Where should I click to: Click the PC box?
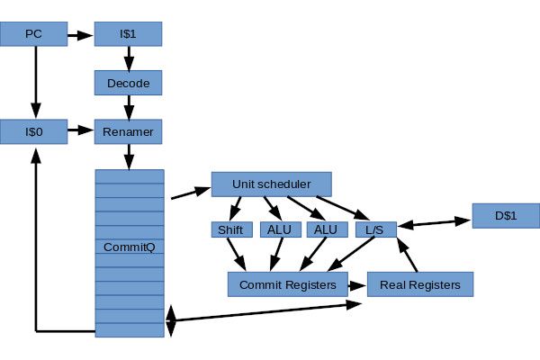tap(34, 35)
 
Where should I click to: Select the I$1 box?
tap(128, 35)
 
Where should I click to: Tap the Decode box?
tap(128, 84)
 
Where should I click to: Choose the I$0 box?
tap(34, 131)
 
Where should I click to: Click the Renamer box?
tap(128, 131)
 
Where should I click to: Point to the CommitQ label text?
tap(129, 247)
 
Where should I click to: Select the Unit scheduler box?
tap(271, 184)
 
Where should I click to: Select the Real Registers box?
tap(420, 284)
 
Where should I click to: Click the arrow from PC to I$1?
tap(81, 36)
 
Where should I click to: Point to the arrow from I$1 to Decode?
tap(128, 58)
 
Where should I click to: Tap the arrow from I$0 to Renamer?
tap(81, 131)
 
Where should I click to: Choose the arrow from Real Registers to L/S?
tap(408, 257)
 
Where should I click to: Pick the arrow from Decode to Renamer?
tap(128, 107)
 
